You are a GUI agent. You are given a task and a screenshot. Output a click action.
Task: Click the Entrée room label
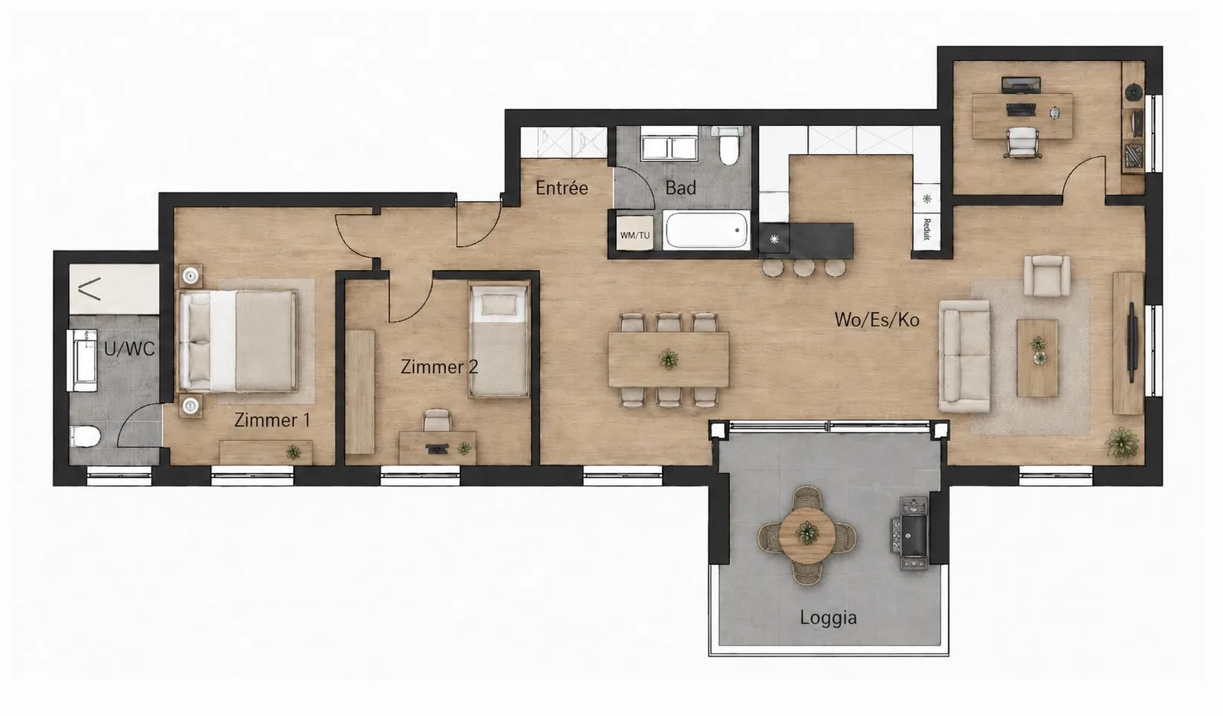click(x=561, y=188)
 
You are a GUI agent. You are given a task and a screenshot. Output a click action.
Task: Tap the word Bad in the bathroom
click(x=680, y=188)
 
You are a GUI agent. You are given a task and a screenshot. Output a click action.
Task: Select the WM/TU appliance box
click(x=634, y=234)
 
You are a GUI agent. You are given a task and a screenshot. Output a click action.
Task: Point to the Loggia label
click(x=828, y=617)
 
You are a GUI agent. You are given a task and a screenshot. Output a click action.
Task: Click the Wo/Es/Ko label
click(x=877, y=320)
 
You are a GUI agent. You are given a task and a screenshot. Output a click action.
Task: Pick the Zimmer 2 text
click(x=439, y=367)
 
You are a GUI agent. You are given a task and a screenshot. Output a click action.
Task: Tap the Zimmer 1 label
click(x=272, y=420)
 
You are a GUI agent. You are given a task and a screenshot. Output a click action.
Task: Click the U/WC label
click(x=129, y=348)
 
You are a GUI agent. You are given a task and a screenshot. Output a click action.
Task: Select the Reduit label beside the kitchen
click(x=926, y=229)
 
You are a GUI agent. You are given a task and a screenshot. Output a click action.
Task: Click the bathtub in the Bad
click(x=706, y=231)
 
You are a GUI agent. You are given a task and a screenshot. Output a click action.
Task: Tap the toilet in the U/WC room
click(x=85, y=436)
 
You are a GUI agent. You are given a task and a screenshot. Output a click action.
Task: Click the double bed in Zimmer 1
click(x=238, y=341)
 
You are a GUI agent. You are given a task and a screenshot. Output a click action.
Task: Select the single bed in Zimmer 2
click(x=498, y=339)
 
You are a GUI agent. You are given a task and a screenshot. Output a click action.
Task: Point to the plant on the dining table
click(x=668, y=359)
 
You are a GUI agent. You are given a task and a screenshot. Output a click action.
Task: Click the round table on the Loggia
click(x=806, y=535)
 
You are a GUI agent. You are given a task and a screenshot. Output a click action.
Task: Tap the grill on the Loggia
click(x=910, y=533)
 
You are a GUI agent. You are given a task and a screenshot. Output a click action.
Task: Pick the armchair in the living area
click(x=1046, y=276)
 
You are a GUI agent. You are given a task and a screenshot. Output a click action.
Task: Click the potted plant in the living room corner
click(x=1121, y=442)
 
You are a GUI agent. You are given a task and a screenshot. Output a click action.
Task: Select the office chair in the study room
click(x=1021, y=143)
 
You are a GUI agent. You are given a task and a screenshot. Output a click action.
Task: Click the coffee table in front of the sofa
click(x=1037, y=358)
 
